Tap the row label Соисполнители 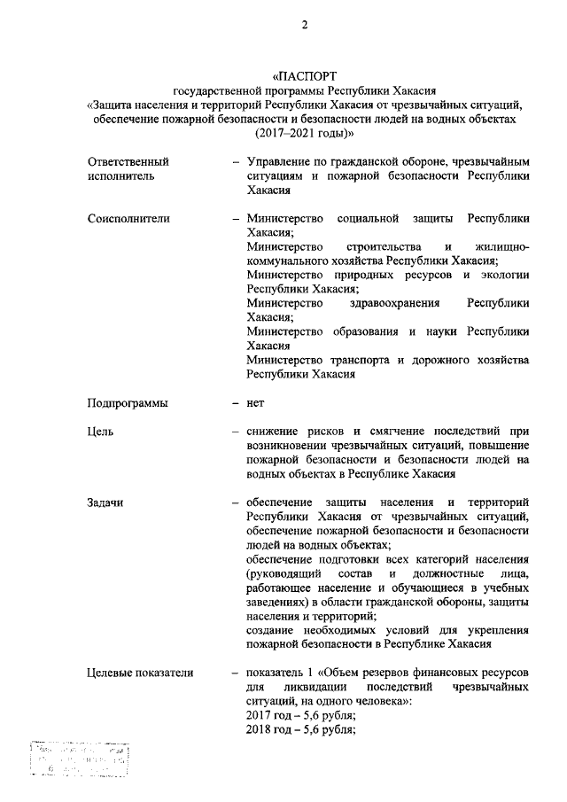[x=128, y=218]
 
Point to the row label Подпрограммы [x=128, y=402]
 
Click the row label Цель [x=100, y=432]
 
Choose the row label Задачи [x=105, y=502]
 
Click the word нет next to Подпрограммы [x=256, y=402]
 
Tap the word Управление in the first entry [x=282, y=162]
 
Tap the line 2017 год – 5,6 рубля [x=301, y=715]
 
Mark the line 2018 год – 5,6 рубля [x=301, y=729]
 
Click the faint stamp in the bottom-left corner [x=78, y=759]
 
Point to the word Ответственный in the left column [x=128, y=162]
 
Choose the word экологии [x=504, y=275]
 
